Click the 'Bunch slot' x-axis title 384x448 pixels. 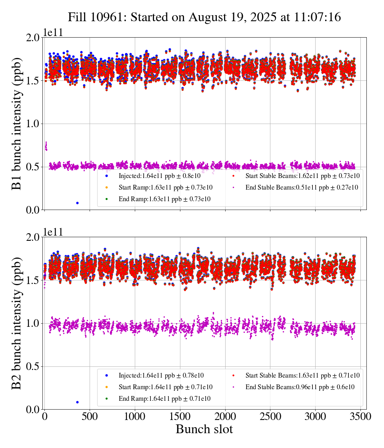[x=204, y=429]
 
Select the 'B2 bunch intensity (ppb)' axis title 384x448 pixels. [x=17, y=323]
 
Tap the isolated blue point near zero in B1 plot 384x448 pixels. [x=77, y=203]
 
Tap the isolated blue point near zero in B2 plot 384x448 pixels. [x=77, y=402]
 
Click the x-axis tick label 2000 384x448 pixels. [x=225, y=416]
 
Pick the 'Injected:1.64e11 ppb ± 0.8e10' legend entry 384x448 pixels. [x=160, y=176]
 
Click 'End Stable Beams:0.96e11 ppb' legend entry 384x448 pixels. [x=300, y=387]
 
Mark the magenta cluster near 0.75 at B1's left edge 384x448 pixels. [x=46, y=146]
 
